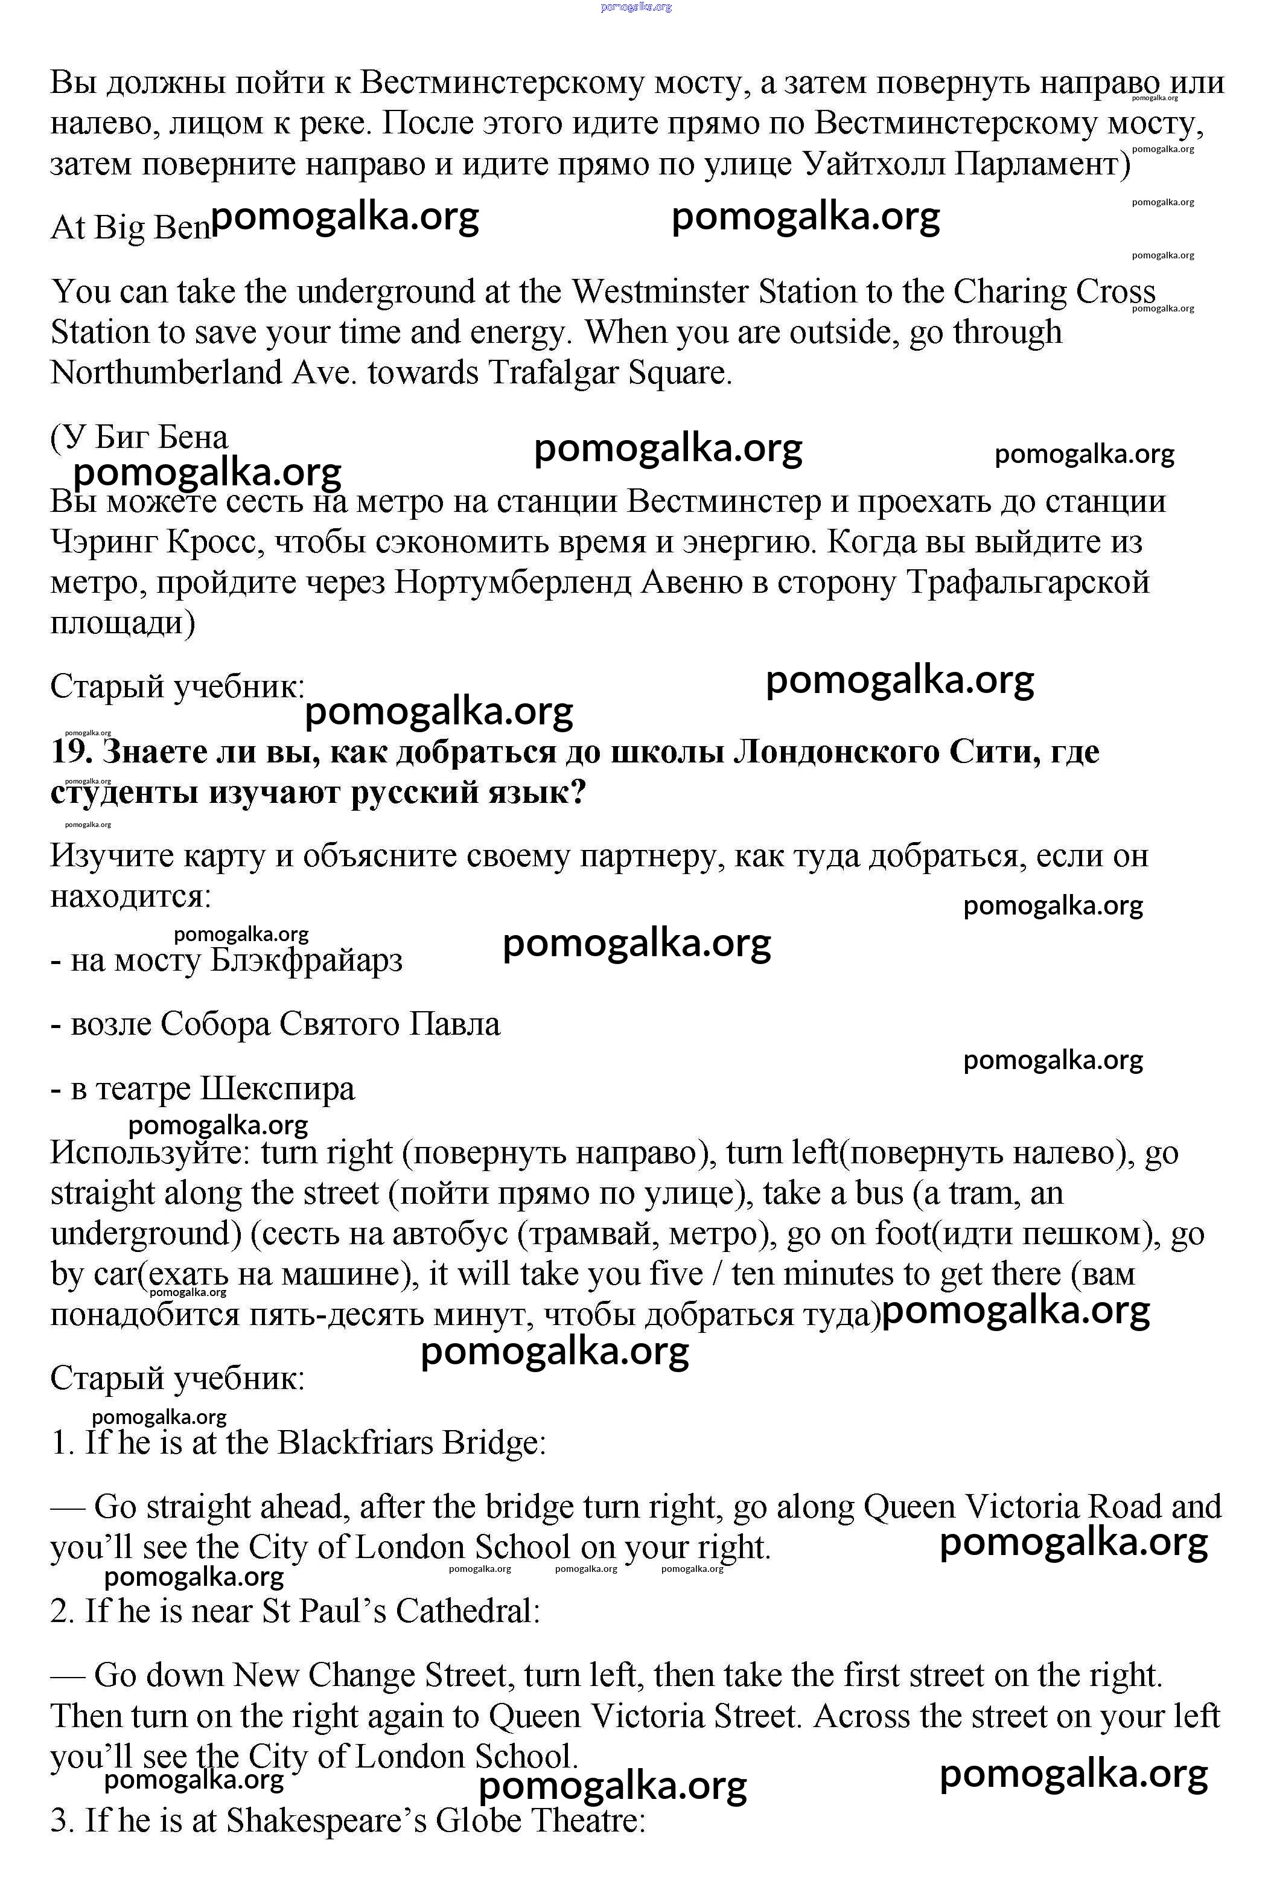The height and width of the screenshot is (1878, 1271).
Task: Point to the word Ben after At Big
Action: (182, 228)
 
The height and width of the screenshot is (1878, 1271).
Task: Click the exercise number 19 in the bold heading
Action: (68, 752)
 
